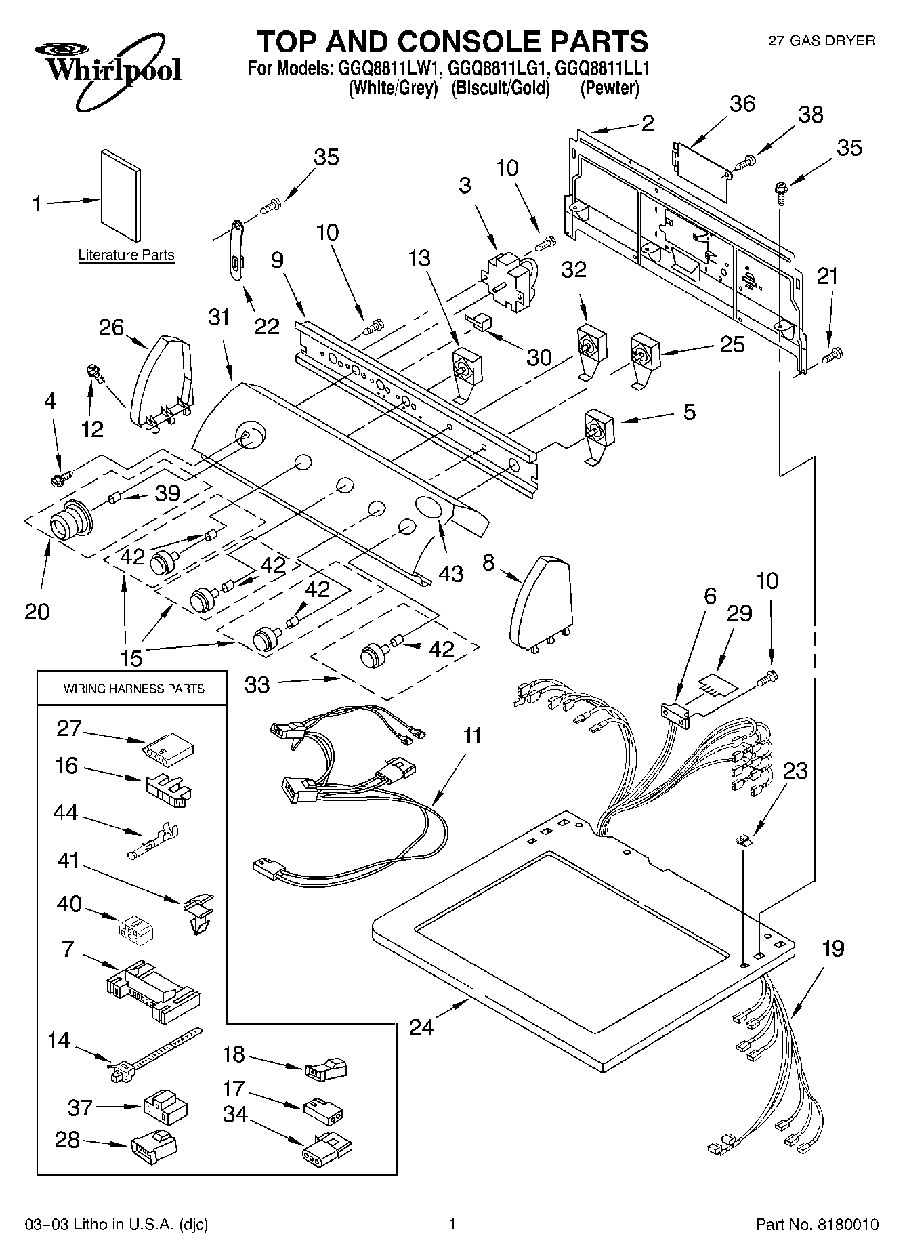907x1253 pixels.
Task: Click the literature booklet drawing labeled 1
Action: [x=121, y=196]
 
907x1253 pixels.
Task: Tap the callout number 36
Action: [x=742, y=104]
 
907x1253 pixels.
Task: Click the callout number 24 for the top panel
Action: [x=421, y=1027]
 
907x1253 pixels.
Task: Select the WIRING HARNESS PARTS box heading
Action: [x=133, y=689]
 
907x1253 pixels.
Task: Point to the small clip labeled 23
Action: [x=744, y=840]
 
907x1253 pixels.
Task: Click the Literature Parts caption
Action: [x=126, y=255]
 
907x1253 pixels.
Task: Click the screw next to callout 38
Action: [x=746, y=161]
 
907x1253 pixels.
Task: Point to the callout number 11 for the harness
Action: [x=472, y=735]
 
